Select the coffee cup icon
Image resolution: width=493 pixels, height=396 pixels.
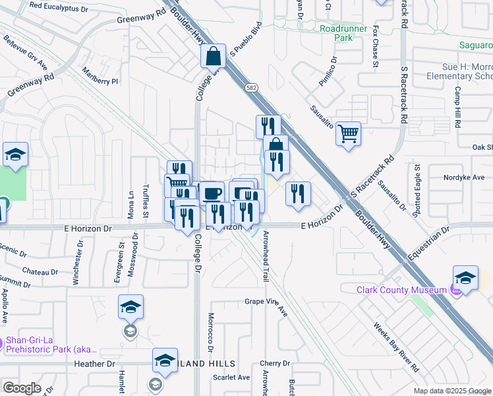tap(212, 193)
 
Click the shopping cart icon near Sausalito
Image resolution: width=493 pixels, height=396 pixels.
tap(348, 134)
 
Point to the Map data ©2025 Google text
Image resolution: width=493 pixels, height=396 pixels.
tap(452, 391)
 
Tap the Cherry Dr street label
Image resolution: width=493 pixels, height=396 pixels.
tap(275, 364)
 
